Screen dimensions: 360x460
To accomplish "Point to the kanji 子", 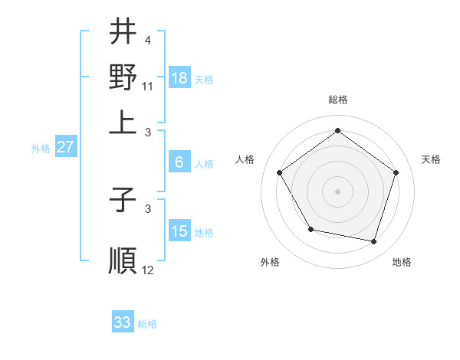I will click(x=123, y=200).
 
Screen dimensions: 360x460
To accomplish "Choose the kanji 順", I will click(x=123, y=260).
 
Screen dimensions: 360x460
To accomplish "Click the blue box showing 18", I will click(x=179, y=77).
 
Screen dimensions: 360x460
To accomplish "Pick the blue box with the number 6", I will click(x=179, y=162).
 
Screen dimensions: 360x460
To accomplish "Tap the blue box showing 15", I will click(x=179, y=231).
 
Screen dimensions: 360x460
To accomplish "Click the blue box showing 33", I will click(x=123, y=322).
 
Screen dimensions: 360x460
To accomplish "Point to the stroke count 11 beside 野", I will click(x=149, y=85).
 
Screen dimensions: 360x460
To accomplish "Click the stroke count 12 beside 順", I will click(x=148, y=270).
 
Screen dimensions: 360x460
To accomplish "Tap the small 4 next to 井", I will click(x=147, y=40).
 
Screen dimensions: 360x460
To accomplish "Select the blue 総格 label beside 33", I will click(x=147, y=324).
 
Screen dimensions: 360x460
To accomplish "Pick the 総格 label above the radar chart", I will click(x=338, y=100).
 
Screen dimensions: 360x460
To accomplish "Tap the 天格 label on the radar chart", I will click(x=431, y=159).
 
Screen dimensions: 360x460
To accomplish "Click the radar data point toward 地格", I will click(x=374, y=241).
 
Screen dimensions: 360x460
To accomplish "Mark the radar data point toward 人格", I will click(x=280, y=172).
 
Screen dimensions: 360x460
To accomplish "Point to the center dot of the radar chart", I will click(x=338, y=191).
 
